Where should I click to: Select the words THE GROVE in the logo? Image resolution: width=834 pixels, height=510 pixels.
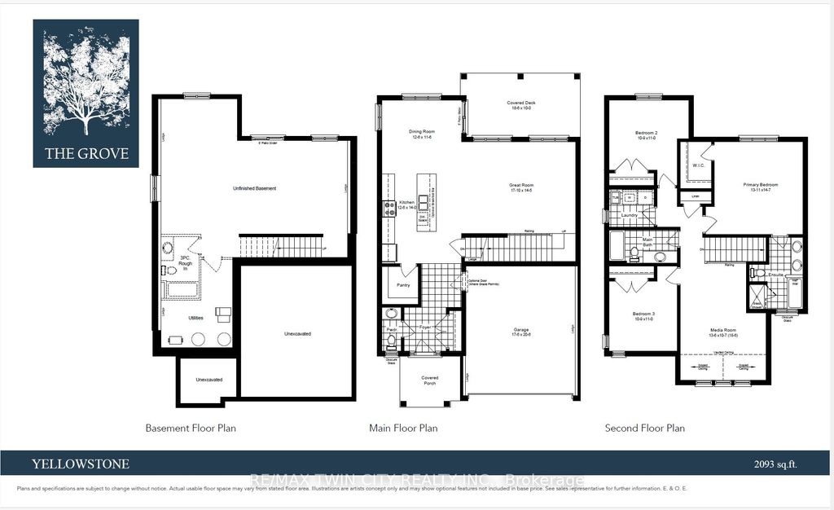pos(86,153)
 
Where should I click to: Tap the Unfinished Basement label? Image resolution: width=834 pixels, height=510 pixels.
pos(254,188)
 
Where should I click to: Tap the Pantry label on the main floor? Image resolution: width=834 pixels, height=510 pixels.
pos(403,285)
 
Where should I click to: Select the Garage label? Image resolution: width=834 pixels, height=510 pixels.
pos(520,332)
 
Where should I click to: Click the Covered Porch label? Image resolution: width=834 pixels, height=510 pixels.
pos(429,380)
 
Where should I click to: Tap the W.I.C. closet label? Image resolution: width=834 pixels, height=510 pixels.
pos(698,165)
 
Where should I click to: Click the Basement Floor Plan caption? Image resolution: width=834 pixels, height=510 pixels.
pos(191,428)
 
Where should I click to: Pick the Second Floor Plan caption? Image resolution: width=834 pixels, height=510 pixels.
pos(644,428)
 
